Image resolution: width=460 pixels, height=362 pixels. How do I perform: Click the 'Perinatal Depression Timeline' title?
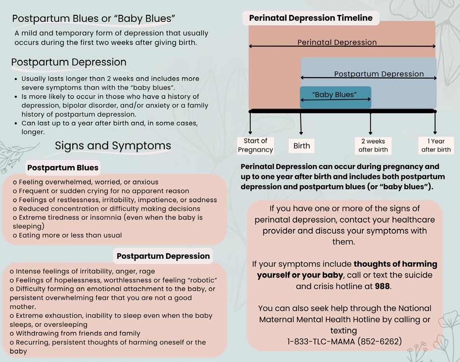pyautogui.click(x=311, y=18)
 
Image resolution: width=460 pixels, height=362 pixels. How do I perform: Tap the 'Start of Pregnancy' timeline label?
pyautogui.click(x=255, y=145)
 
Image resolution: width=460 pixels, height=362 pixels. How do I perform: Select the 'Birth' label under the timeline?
pyautogui.click(x=301, y=146)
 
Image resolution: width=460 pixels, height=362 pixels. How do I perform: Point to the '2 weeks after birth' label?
pyautogui.click(x=373, y=145)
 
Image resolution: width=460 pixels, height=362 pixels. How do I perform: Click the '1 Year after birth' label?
pyautogui.click(x=436, y=145)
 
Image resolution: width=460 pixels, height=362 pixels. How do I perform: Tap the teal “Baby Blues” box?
pyautogui.click(x=335, y=97)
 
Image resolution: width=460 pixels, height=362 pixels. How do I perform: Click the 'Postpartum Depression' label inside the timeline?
pyautogui.click(x=379, y=74)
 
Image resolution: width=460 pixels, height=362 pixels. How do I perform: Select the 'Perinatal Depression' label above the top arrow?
pyautogui.click(x=337, y=42)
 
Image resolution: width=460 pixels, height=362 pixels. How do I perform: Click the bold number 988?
pyautogui.click(x=382, y=286)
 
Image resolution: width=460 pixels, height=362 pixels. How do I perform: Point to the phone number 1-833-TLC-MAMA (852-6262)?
pyautogui.click(x=344, y=341)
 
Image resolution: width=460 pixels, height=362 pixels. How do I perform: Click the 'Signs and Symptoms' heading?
pyautogui.click(x=113, y=146)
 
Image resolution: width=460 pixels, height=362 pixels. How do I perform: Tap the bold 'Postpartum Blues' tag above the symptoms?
pyautogui.click(x=63, y=168)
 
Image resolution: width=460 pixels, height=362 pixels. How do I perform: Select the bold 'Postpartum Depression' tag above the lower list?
pyautogui.click(x=163, y=256)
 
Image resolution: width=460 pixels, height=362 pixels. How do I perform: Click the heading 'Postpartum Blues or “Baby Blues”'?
pyautogui.click(x=93, y=18)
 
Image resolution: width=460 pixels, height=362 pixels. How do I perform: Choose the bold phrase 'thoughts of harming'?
pyautogui.click(x=395, y=264)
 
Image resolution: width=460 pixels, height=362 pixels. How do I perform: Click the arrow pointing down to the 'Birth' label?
pyautogui.click(x=301, y=125)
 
